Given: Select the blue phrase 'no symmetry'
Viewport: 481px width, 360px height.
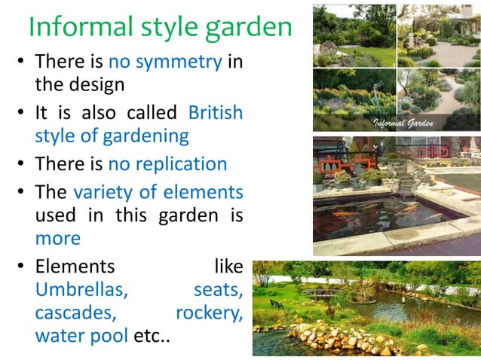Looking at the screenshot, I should [164, 62].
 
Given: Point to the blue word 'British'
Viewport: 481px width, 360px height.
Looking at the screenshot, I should [216, 113].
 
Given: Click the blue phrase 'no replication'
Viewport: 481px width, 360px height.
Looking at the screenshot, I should [167, 164].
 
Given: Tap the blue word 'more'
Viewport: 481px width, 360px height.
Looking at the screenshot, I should [57, 239].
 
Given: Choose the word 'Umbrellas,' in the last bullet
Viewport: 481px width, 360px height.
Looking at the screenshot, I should [81, 289].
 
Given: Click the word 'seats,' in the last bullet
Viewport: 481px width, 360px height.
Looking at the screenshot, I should [218, 289].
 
